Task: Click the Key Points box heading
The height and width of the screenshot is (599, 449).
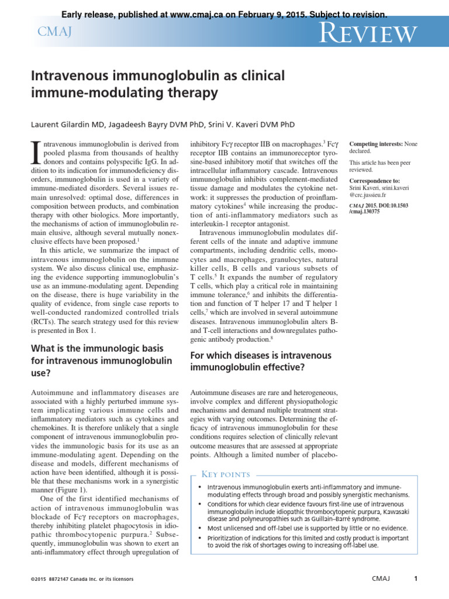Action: (x=226, y=474)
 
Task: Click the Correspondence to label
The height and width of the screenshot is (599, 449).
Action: (x=375, y=181)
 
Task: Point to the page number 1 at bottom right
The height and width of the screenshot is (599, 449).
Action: (x=415, y=579)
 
